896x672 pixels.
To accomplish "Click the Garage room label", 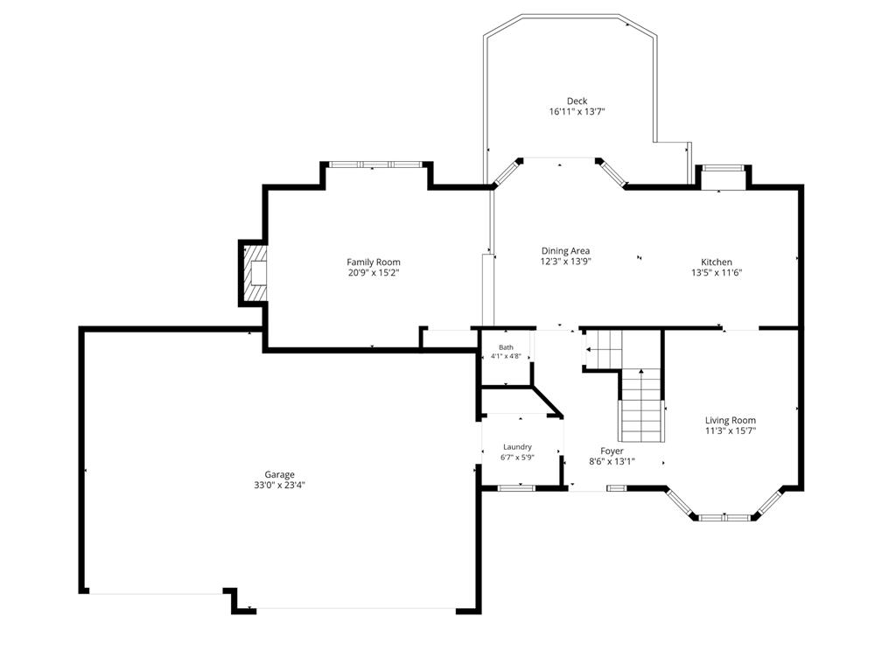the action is coord(279,474).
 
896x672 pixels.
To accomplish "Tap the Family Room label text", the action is coord(374,262).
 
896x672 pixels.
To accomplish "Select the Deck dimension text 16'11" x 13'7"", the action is coord(577,112).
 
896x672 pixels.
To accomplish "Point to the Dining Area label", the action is coord(566,251).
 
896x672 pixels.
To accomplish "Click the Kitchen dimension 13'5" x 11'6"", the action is coord(717,273).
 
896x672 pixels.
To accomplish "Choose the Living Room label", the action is coord(731,420).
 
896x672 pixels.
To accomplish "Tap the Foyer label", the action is coord(612,451).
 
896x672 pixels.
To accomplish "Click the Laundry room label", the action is coord(518,447).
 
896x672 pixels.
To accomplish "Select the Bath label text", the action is coord(507,347).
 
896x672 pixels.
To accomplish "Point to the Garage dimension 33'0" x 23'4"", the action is coord(279,485).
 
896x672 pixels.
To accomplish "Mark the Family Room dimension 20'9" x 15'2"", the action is coord(374,273).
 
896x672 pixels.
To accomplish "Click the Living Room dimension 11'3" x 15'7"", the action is coord(731,430).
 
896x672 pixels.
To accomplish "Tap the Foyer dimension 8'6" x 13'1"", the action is coord(612,462).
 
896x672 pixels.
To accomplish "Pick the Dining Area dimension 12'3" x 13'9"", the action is coord(566,262).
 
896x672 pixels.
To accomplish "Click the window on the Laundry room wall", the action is coord(516,488).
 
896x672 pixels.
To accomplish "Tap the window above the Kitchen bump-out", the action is coord(723,168).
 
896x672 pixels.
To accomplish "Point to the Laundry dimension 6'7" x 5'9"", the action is coord(518,457).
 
